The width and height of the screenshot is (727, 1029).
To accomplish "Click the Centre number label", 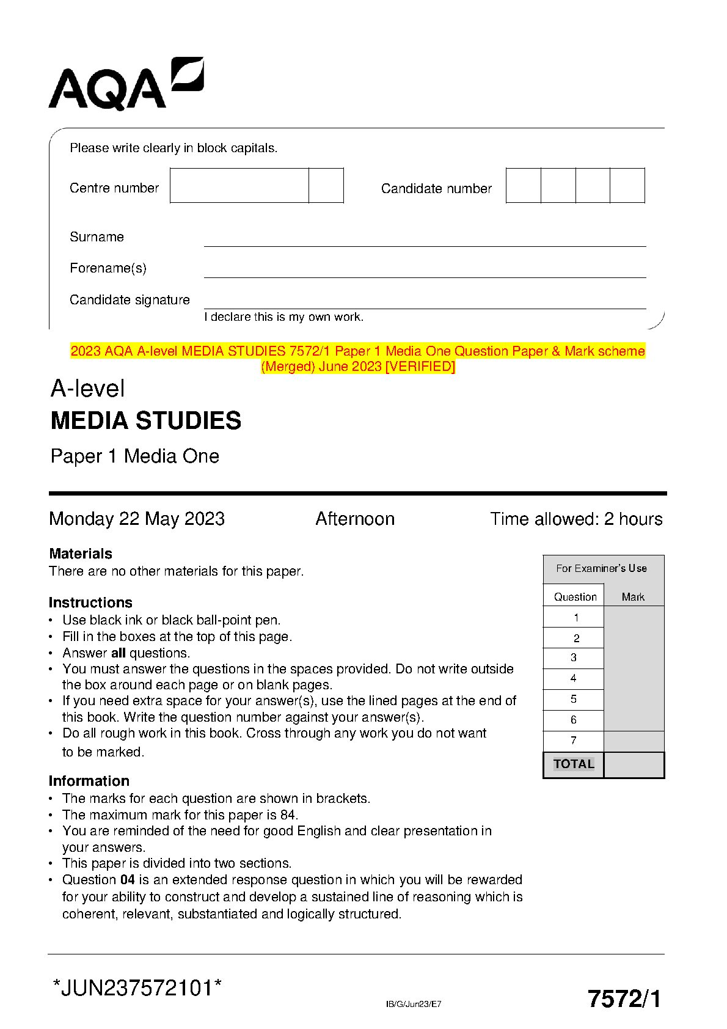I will (x=114, y=188).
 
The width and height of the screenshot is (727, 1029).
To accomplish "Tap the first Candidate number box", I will (x=524, y=186).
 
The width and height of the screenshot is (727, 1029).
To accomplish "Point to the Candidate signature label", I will (x=130, y=300).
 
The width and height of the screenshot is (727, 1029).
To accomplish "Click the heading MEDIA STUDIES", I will (x=146, y=420).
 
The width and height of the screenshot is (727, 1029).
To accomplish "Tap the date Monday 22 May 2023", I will (x=137, y=519).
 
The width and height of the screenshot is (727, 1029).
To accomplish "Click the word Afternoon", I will (x=355, y=519).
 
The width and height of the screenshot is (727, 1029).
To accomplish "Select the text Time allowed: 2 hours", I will (x=576, y=519).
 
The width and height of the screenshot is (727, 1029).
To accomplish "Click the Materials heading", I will (x=81, y=554).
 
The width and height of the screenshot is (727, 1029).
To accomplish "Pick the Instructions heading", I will (x=90, y=602).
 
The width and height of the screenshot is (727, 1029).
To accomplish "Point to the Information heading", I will (x=89, y=781).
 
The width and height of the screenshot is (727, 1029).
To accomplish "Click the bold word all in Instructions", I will (x=118, y=653).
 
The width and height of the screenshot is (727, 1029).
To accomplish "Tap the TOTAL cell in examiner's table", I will (x=574, y=764).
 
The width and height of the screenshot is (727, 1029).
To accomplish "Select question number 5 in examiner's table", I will (x=574, y=699).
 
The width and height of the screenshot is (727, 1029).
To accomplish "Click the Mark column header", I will (x=633, y=597).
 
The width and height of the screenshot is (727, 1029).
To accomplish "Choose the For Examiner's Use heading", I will (x=601, y=568).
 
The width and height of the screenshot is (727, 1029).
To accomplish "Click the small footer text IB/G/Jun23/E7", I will (x=414, y=1004).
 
